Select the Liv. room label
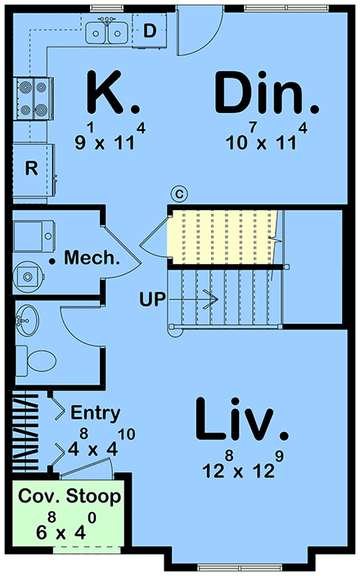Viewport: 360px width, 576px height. [241, 420]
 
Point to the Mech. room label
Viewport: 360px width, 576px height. [92, 258]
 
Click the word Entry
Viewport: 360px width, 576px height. [96, 413]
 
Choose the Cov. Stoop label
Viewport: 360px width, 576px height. [70, 497]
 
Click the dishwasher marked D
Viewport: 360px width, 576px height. [149, 31]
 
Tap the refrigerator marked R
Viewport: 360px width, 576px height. [34, 169]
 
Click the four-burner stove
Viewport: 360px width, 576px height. [33, 98]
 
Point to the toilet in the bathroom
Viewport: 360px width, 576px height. [36, 360]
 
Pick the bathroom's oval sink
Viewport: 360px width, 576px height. [26, 320]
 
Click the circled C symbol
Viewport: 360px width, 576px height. [179, 194]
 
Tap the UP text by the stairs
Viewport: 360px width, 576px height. [152, 299]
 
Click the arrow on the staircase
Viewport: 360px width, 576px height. [193, 299]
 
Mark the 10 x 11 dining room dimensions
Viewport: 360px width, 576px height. [267, 137]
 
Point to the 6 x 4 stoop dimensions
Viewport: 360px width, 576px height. [66, 526]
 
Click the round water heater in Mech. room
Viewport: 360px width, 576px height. [28, 277]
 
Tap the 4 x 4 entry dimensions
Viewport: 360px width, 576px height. [101, 443]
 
